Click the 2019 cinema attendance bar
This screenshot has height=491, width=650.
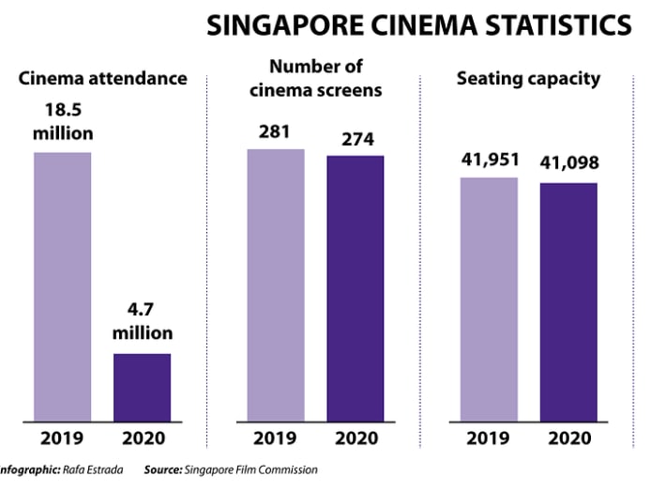coord(62,286)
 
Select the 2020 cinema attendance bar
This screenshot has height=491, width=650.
coord(143,387)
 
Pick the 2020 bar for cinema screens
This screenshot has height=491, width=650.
coord(355,288)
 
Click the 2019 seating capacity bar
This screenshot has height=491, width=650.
coord(489,299)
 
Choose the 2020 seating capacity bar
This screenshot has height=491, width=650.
coord(568,301)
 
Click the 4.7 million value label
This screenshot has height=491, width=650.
coord(143,322)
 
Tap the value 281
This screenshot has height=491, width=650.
coord(276,131)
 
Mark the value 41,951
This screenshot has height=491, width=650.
coord(490,160)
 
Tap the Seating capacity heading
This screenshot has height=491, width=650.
coord(528,78)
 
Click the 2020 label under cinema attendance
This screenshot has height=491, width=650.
coord(143,437)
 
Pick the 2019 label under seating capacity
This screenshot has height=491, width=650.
coord(489,437)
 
